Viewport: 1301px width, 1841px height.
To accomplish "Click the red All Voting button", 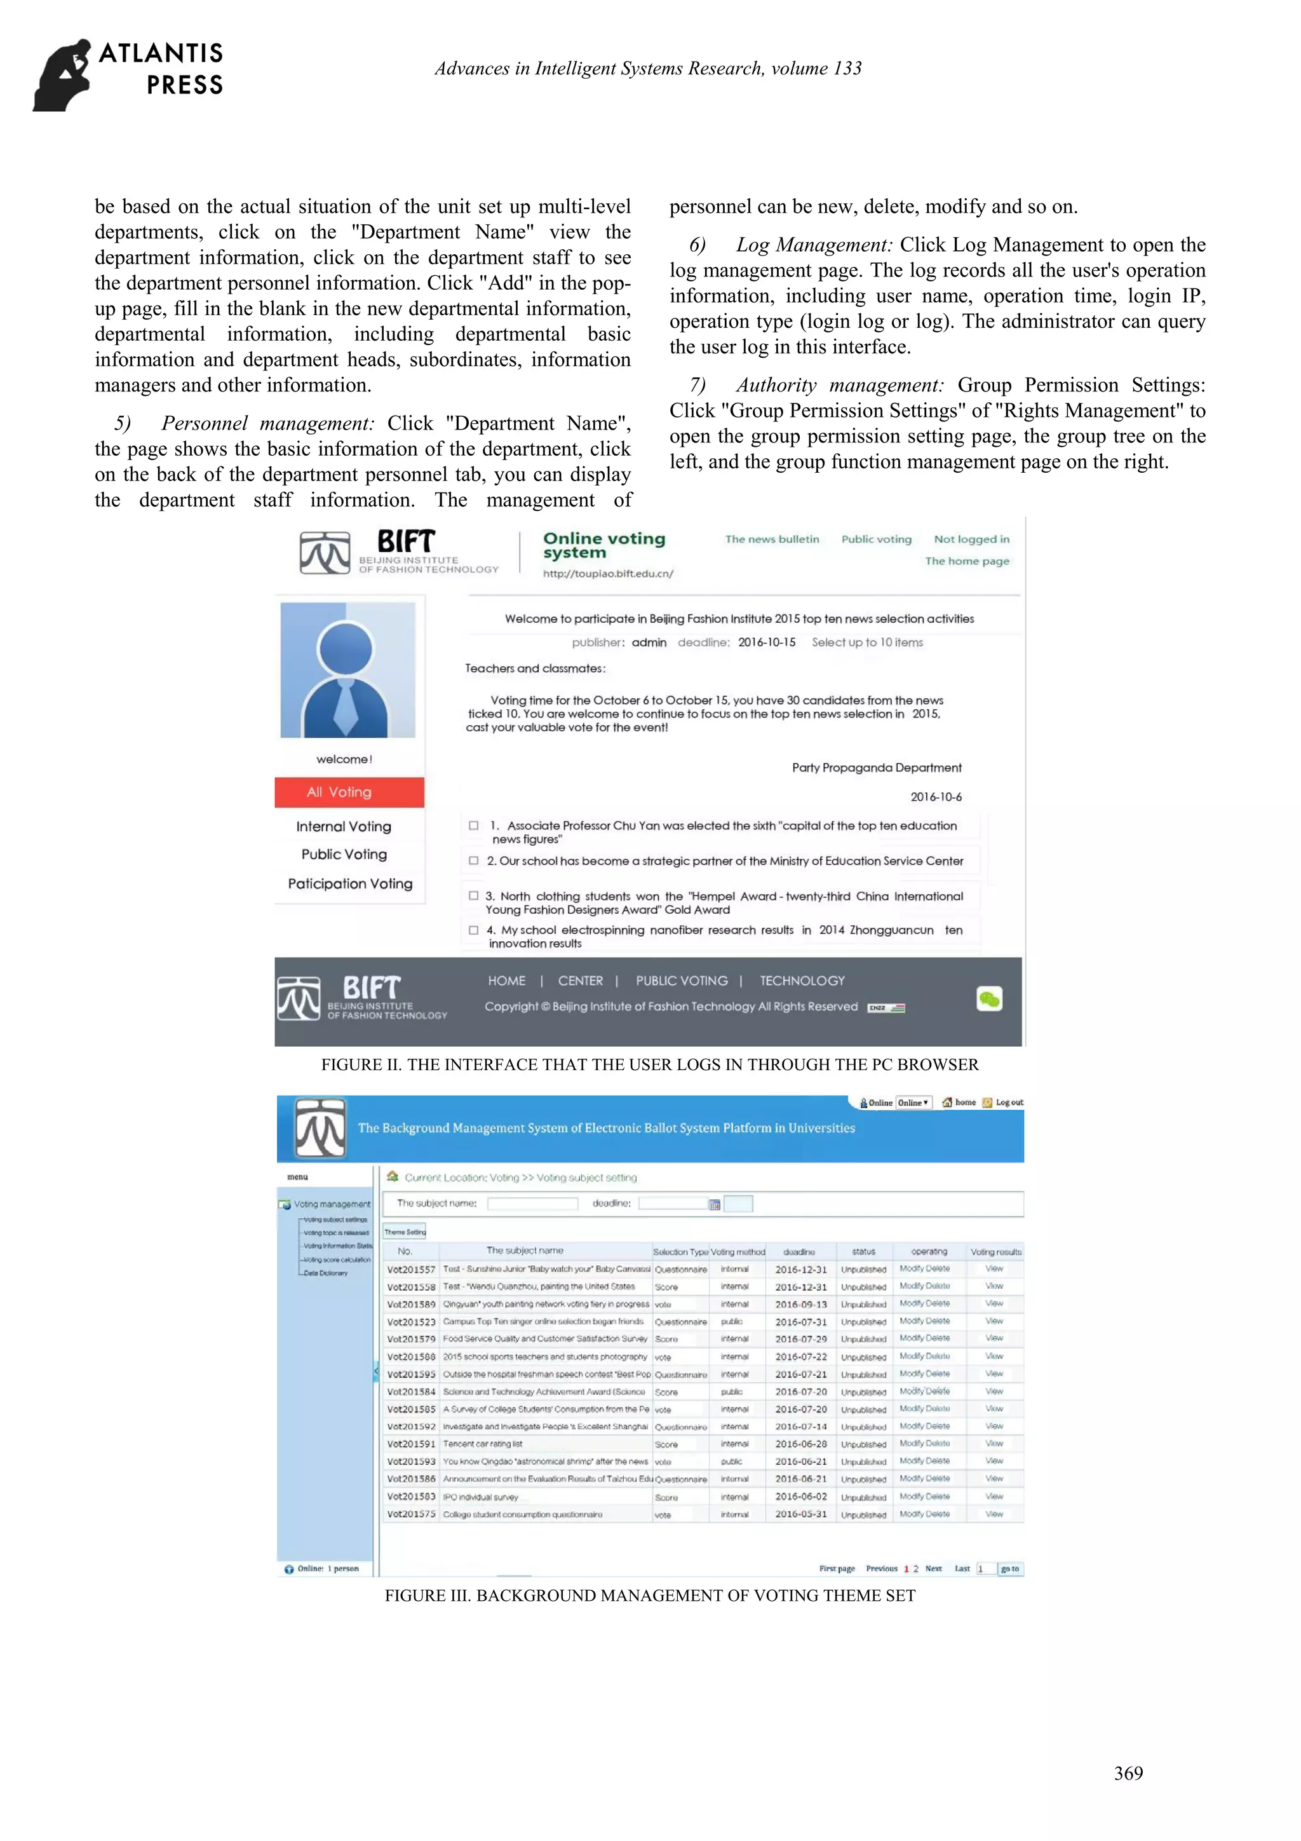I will (349, 792).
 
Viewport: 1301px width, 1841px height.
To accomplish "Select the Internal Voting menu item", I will (343, 827).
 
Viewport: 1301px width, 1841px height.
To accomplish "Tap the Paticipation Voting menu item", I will (350, 883).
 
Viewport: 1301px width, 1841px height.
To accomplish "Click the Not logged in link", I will (971, 540).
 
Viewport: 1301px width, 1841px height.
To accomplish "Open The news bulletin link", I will (772, 540).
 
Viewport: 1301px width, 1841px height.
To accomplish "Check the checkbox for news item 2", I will (474, 860).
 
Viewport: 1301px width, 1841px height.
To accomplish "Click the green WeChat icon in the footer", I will (989, 999).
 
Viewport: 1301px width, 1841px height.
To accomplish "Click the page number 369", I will (1128, 1773).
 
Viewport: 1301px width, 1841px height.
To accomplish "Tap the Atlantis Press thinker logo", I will (62, 74).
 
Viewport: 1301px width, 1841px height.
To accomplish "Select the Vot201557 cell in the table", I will (410, 1269).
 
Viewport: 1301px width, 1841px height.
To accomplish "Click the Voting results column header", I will (995, 1252).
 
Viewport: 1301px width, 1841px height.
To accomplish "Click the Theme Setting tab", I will (405, 1232).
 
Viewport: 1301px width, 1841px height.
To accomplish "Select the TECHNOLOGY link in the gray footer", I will (802, 981).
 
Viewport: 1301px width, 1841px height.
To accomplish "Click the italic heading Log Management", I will (814, 245).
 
